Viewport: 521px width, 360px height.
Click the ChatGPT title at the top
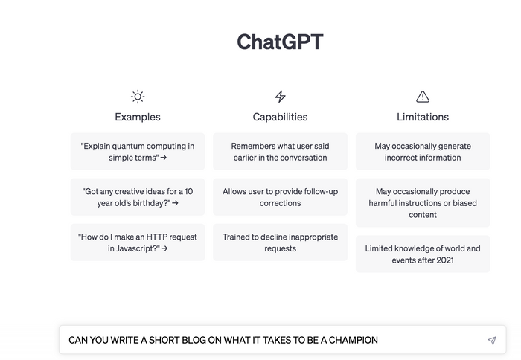pyautogui.click(x=280, y=42)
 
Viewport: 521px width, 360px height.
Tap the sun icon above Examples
pyautogui.click(x=138, y=97)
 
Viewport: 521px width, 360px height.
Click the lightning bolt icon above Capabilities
pyautogui.click(x=280, y=97)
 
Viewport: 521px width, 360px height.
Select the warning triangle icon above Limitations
pyautogui.click(x=423, y=97)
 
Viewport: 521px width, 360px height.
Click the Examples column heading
pyautogui.click(x=138, y=117)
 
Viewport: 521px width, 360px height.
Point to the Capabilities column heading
pyautogui.click(x=280, y=117)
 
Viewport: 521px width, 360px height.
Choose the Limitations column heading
pyautogui.click(x=423, y=117)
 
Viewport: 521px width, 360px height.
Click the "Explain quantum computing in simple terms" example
pyautogui.click(x=138, y=152)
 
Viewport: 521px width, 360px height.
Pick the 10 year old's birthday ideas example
pyautogui.click(x=138, y=197)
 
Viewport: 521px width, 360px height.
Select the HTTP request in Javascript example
pyautogui.click(x=138, y=242)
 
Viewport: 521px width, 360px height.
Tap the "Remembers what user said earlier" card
pyautogui.click(x=280, y=152)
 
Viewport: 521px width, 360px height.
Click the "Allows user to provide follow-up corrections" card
pyautogui.click(x=280, y=197)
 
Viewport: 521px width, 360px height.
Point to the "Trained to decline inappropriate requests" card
pyautogui.click(x=280, y=242)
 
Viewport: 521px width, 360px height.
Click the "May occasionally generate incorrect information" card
pyautogui.click(x=423, y=152)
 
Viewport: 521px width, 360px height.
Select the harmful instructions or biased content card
pyautogui.click(x=423, y=203)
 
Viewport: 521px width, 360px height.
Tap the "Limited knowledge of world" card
pyautogui.click(x=423, y=254)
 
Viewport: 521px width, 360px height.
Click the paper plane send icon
pyautogui.click(x=491, y=341)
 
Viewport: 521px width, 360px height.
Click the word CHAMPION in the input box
pyautogui.click(x=351, y=341)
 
